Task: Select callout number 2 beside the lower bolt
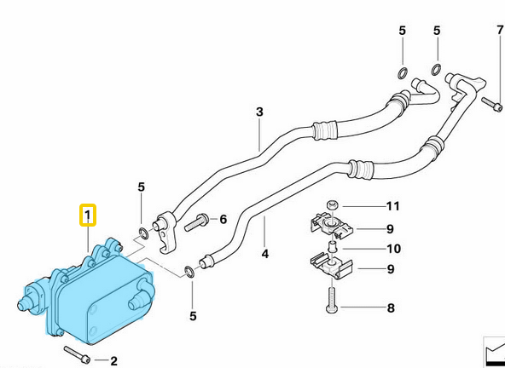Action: click(x=113, y=361)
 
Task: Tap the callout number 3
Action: click(x=259, y=112)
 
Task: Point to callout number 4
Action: click(x=265, y=253)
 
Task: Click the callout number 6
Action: click(x=223, y=219)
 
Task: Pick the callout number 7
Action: click(x=500, y=32)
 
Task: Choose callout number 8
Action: click(x=390, y=308)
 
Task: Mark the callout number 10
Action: click(x=392, y=249)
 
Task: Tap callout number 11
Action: click(x=392, y=206)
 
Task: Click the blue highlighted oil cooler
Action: click(x=98, y=293)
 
